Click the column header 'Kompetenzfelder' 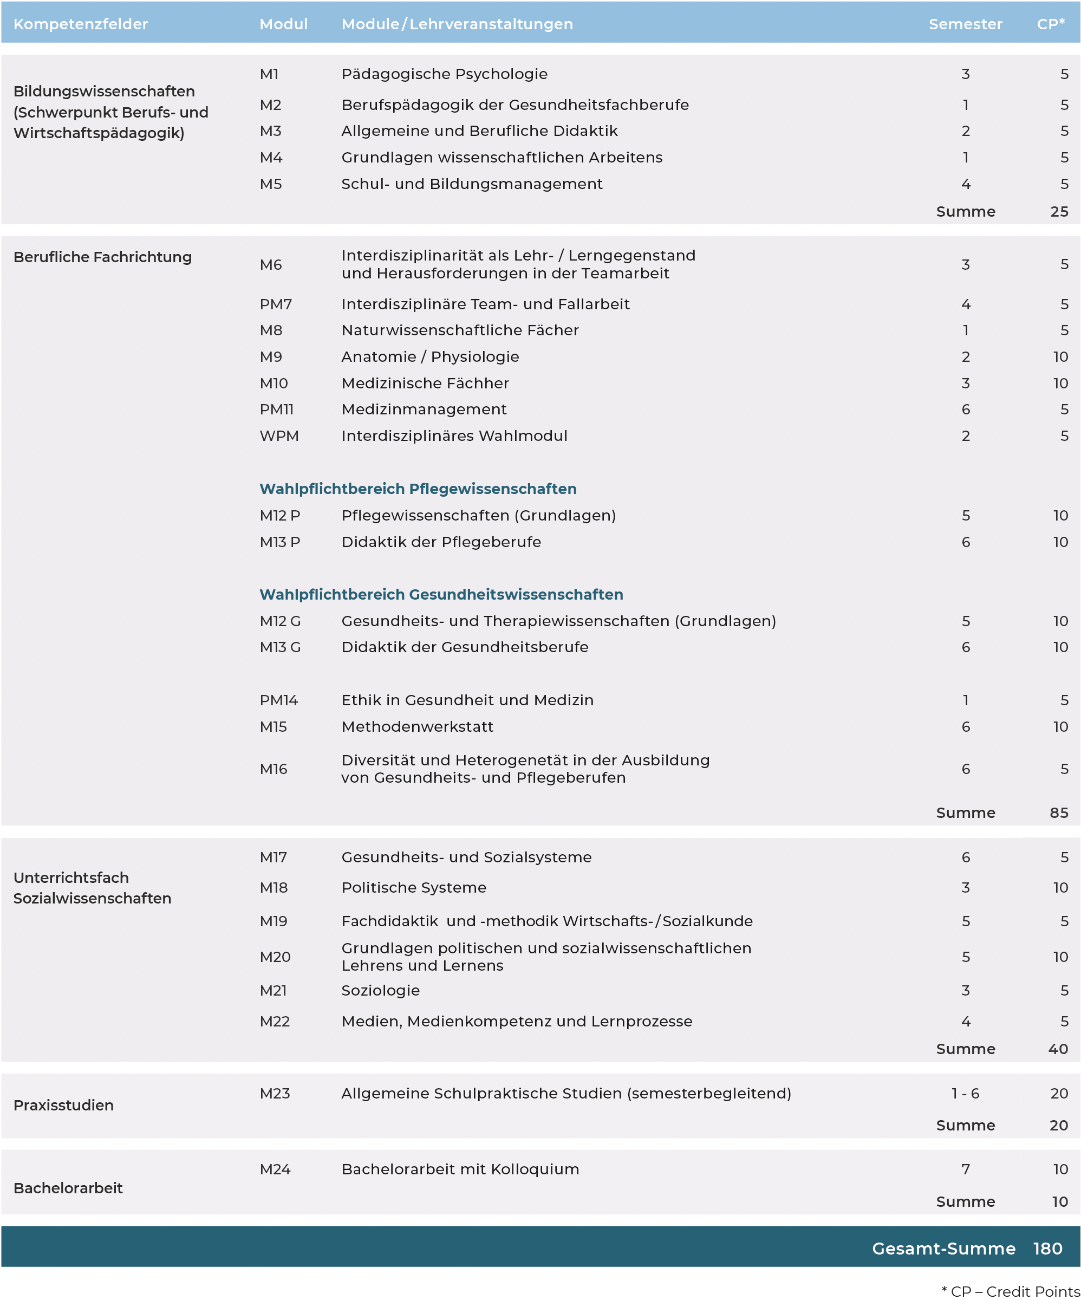(81, 24)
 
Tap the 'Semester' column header (965, 24)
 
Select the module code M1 (269, 74)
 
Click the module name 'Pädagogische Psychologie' (444, 74)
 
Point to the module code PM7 (276, 304)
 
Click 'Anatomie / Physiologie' (429, 357)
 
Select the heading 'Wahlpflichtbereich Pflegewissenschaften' (418, 489)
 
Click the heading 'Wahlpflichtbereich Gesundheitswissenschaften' (441, 595)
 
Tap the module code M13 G (280, 647)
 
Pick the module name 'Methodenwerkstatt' (418, 727)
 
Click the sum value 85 (1059, 813)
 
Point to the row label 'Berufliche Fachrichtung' (103, 257)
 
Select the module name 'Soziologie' (380, 991)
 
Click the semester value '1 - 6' (965, 1093)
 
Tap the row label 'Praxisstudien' (64, 1105)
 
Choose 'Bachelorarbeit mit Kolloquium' (460, 1169)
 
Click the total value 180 (1047, 1249)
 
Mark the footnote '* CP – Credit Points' (1011, 1291)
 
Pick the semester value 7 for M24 (965, 1169)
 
